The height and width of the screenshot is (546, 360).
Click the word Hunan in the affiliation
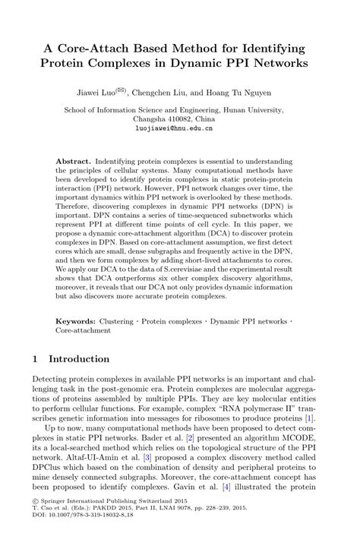point(248,109)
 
